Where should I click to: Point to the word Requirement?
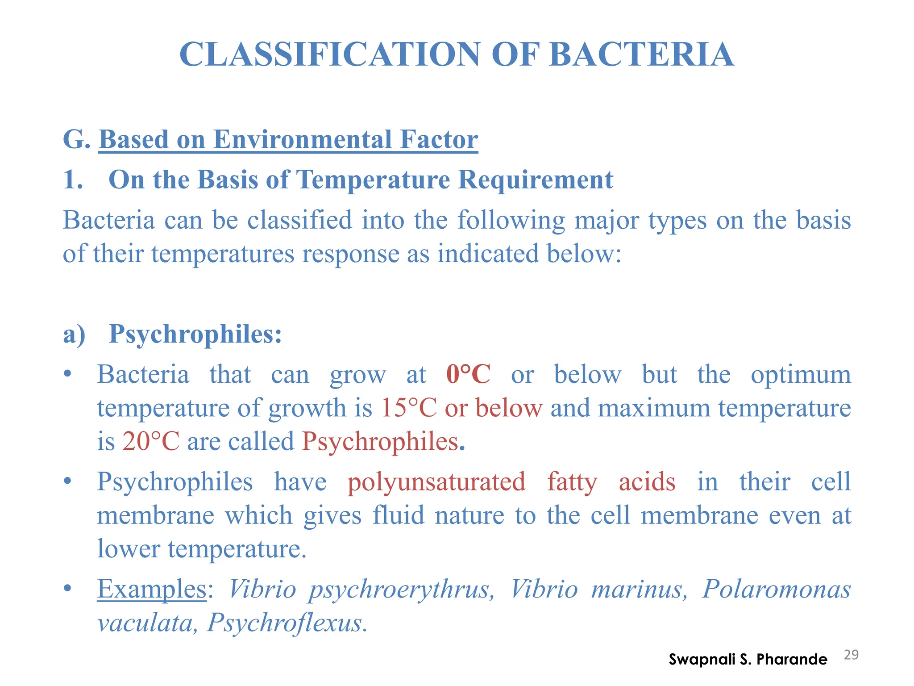(536, 180)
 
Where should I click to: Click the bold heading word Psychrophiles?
(195, 334)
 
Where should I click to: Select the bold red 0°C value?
(468, 374)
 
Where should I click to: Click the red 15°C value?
(408, 408)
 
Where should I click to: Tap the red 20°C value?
(151, 441)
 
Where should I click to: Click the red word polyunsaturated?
(436, 482)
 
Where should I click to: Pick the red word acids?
(647, 482)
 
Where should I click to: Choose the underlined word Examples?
(152, 589)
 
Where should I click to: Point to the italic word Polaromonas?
(777, 589)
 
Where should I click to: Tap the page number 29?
(851, 655)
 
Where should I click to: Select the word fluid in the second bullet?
(398, 515)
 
